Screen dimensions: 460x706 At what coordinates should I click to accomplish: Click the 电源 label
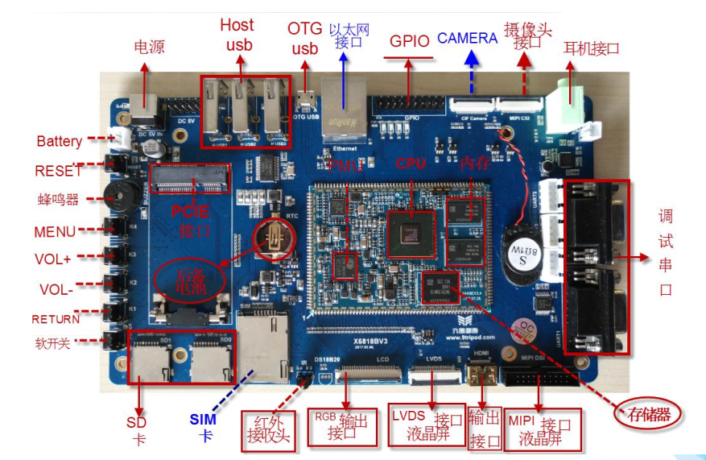point(149,47)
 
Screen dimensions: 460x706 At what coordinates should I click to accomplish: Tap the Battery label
point(60,141)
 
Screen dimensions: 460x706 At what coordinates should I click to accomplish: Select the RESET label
point(58,171)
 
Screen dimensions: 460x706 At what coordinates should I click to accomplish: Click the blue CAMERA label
point(467,38)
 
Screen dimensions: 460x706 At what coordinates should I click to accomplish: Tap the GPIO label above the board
point(410,41)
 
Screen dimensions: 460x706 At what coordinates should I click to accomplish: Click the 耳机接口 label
point(591,48)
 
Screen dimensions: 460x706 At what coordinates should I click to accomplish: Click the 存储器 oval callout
point(648,414)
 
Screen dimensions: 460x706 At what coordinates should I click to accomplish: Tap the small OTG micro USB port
point(305,101)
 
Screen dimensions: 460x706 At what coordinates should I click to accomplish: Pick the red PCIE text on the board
point(190,211)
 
